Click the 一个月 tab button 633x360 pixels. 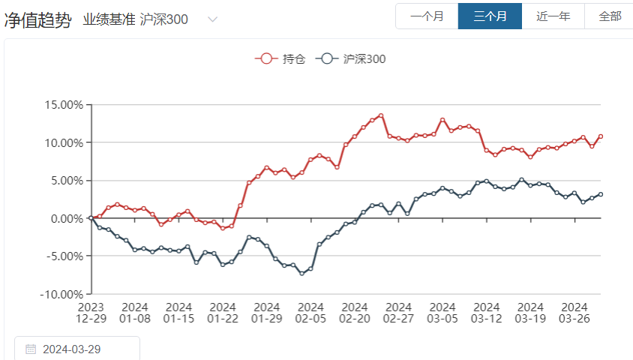[427, 16]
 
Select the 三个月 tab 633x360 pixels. [490, 16]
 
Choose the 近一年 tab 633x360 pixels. [553, 16]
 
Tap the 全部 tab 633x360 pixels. [610, 16]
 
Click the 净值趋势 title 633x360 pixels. [37, 19]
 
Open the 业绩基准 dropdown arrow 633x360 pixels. [212, 19]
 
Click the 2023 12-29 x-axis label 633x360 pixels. [91, 312]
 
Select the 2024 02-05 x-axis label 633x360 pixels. [310, 312]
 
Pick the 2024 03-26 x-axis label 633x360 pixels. [574, 312]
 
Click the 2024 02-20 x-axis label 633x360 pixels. [355, 312]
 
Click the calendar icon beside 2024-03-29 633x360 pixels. [31, 349]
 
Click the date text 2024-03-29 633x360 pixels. [73, 349]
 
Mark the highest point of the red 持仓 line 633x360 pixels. [381, 115]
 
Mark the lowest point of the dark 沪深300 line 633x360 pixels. [301, 273]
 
